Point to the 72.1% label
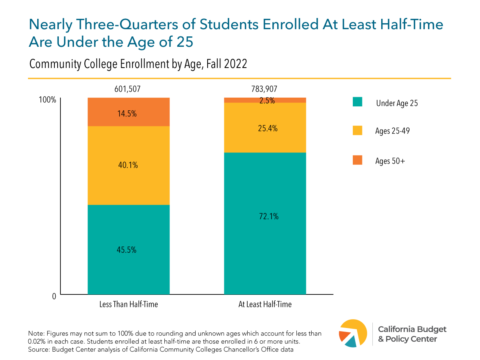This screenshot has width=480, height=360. coord(265,216)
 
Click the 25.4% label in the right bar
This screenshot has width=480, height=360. coord(265,129)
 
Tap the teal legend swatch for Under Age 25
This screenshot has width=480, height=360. coord(357,102)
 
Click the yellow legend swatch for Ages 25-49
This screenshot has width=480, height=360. coord(357,130)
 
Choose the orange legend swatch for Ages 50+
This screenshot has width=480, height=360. coord(357,160)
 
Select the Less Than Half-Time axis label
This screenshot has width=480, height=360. coord(129,304)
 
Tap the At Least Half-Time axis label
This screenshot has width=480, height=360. coord(265,304)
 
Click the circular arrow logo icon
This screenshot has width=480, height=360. coord(352,333)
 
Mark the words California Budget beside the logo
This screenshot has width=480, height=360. coord(412,329)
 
